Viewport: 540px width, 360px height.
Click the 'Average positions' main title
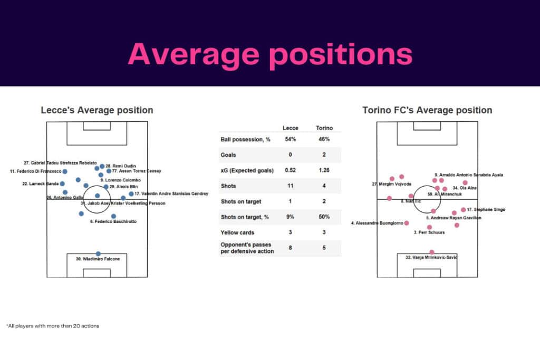point(269,54)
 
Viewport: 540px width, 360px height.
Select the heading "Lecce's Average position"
point(97,110)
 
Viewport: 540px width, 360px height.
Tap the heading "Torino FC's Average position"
point(427,110)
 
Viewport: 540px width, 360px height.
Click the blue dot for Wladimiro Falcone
point(98,254)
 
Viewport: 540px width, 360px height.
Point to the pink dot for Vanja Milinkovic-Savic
point(432,252)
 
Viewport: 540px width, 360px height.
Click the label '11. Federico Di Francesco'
point(35,171)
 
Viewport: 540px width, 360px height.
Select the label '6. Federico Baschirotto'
point(113,222)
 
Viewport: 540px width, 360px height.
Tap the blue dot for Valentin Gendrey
point(131,194)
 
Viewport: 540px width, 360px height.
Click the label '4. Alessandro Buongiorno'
point(377,223)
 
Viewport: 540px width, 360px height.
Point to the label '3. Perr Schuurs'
point(429,232)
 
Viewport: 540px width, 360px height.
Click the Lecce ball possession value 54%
point(290,140)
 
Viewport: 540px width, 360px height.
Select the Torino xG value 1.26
point(324,170)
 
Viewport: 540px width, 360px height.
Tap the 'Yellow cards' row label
point(238,232)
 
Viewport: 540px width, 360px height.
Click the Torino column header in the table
point(324,128)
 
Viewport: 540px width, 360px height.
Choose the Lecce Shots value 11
point(290,186)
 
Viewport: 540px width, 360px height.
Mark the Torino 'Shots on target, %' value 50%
point(324,217)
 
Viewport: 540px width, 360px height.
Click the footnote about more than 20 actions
point(53,326)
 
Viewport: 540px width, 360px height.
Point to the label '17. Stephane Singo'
point(486,210)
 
